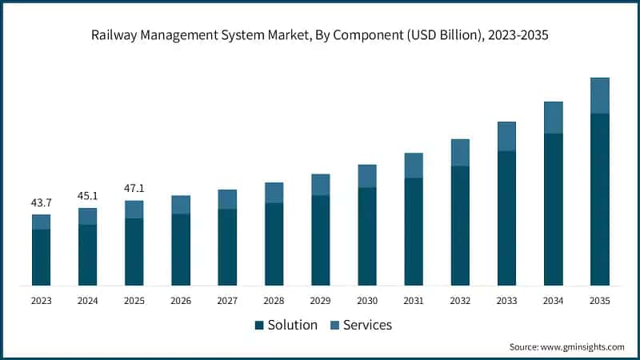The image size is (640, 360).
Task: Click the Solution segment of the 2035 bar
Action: [x=599, y=199]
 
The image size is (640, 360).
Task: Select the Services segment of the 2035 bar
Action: [x=599, y=95]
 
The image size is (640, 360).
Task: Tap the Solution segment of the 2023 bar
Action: [x=41, y=257]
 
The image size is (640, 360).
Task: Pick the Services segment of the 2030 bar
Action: [x=366, y=176]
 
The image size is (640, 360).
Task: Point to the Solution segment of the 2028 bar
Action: [x=274, y=244]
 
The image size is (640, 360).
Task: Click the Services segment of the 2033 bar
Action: [x=506, y=136]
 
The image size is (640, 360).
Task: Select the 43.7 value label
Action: [x=41, y=203]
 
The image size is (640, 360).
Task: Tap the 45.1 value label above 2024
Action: [x=87, y=196]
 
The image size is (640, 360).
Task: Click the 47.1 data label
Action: [x=134, y=189]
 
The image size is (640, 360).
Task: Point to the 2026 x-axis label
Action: [x=181, y=301]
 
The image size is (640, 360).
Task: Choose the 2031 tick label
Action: [x=413, y=301]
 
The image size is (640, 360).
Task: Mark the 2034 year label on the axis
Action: [x=553, y=301]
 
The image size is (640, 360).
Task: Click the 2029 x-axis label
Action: [x=320, y=301]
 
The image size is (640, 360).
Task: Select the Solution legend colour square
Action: [x=259, y=326]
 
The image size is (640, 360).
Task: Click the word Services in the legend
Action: [x=367, y=325]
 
